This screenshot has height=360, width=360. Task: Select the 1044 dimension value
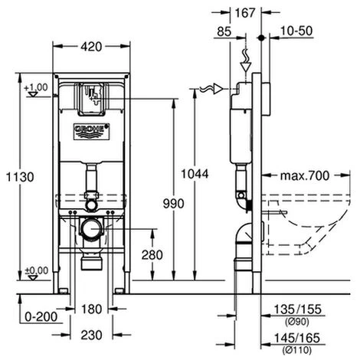pyautogui.click(x=195, y=175)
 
